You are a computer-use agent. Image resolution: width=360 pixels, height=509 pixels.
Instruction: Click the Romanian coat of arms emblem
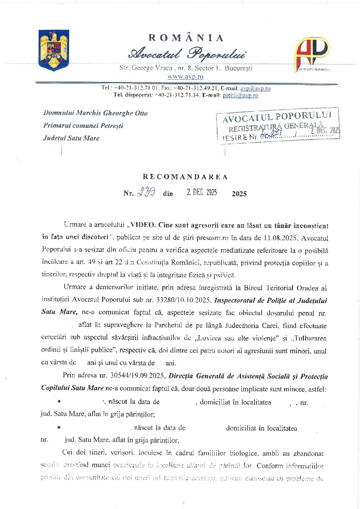[x=54, y=50]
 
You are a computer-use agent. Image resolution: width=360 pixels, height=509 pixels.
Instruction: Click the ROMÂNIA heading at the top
[x=186, y=38]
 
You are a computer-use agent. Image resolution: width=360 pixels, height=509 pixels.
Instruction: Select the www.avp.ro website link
[x=185, y=77]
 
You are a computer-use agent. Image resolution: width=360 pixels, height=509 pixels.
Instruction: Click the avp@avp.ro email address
[x=255, y=88]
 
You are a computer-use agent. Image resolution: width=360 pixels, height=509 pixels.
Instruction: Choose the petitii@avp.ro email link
[x=240, y=96]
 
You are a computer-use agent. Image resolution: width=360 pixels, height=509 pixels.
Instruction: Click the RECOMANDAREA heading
[x=185, y=177]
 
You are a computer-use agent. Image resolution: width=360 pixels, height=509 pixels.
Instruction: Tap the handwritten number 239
[x=146, y=193]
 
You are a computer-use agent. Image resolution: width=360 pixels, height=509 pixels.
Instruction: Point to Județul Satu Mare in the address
[x=71, y=138]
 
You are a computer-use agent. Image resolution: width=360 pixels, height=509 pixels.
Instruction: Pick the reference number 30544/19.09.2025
[x=138, y=376]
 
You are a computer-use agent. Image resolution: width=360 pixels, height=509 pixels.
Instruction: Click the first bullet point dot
[x=59, y=401]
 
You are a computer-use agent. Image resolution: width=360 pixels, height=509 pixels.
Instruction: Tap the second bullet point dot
[x=59, y=427]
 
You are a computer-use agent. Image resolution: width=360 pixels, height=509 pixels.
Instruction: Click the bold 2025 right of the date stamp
[x=239, y=194]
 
